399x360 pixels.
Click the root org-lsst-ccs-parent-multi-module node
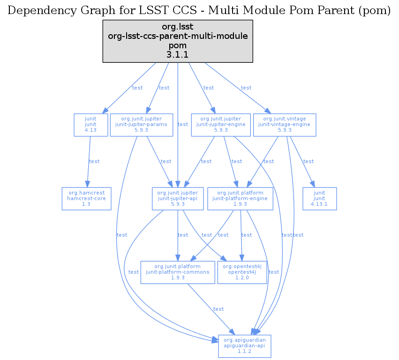[178, 41]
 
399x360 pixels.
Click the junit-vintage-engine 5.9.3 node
[285, 125]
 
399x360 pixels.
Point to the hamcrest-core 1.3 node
[86, 198]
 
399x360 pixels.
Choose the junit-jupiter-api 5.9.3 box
[178, 198]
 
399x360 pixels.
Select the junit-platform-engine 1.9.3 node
[240, 198]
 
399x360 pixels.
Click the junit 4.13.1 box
[320, 198]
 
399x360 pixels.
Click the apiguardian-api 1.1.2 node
[244, 346]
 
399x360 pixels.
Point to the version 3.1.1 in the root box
[178, 55]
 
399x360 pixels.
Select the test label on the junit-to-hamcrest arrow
[94, 162]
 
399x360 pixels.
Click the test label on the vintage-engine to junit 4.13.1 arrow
[309, 162]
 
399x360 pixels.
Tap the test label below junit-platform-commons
[218, 309]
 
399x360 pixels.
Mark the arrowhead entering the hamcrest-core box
[87, 185]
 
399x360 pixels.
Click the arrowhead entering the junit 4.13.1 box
[311, 185]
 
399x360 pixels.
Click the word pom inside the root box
[178, 45]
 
